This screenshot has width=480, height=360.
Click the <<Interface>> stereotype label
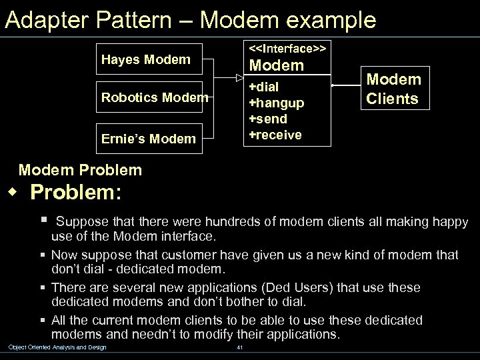coord(287,49)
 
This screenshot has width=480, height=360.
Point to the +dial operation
coord(264,87)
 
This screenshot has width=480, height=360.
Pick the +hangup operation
coord(276,103)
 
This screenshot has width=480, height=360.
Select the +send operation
coord(268,119)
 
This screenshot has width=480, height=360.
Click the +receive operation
coord(275,135)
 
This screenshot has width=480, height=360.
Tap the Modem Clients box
coord(393,89)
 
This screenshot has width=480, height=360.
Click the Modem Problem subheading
coord(81,170)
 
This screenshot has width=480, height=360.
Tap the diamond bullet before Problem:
coord(11,193)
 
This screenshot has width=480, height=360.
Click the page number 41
coord(240,347)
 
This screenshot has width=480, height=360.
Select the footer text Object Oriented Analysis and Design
coord(57,347)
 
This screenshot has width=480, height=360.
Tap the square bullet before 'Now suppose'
coord(43,254)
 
